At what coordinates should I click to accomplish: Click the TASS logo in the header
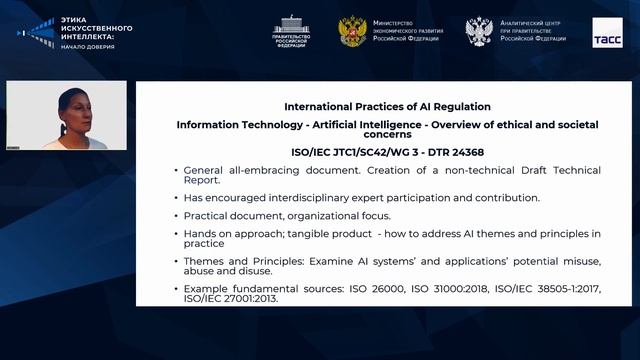606,30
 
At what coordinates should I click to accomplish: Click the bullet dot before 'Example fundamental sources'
176,288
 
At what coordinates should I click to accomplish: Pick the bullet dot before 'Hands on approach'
176,234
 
